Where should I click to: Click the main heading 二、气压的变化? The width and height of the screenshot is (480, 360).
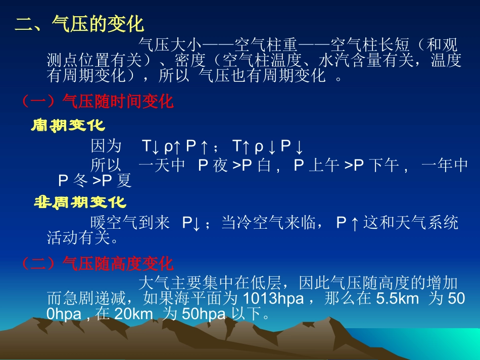pyautogui.click(x=79, y=24)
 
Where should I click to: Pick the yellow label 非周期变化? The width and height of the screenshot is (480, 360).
pyautogui.click(x=79, y=202)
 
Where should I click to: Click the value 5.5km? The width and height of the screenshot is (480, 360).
pyautogui.click(x=398, y=298)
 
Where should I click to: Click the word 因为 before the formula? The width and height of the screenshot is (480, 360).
pyautogui.click(x=106, y=146)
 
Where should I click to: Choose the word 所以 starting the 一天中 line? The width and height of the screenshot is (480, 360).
pyautogui.click(x=106, y=165)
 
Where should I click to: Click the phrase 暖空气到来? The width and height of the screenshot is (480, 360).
pyautogui.click(x=130, y=223)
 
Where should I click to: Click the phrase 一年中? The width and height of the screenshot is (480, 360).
pyautogui.click(x=444, y=165)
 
